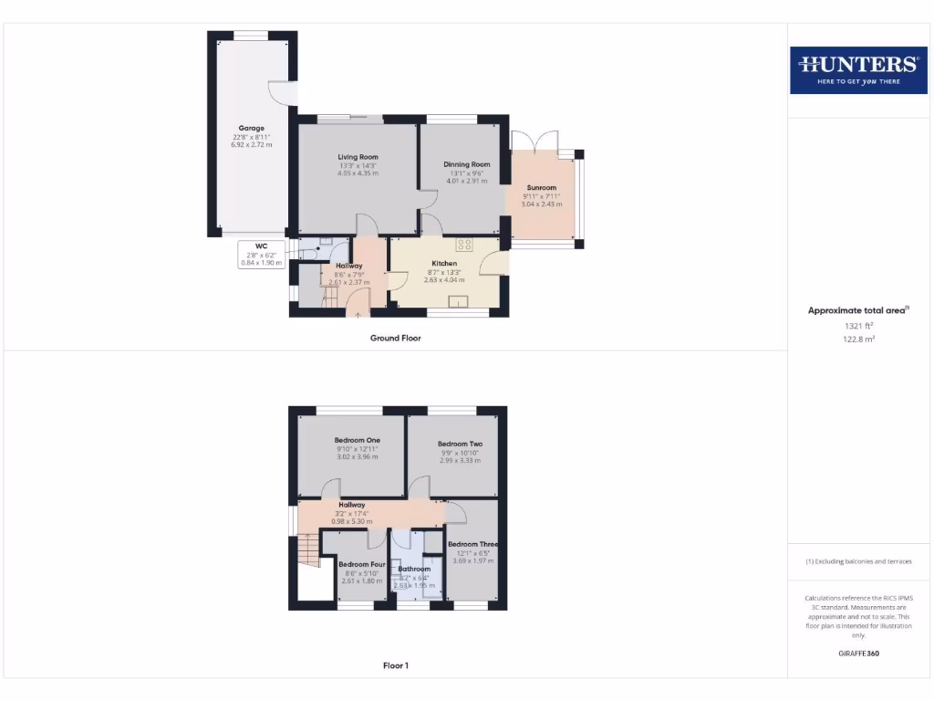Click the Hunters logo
[857, 69]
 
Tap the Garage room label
[252, 129]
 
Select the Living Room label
[358, 157]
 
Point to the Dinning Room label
[467, 164]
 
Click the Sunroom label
[541, 188]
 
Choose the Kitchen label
[444, 264]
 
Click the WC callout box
[262, 254]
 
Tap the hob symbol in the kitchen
[464, 244]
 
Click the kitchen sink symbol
[458, 303]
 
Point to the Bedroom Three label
[472, 545]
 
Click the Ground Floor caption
[395, 338]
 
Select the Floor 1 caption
[395, 665]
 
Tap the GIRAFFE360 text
[857, 654]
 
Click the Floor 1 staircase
[307, 550]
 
